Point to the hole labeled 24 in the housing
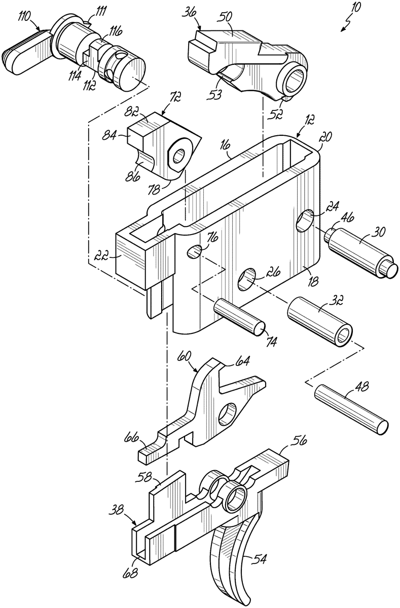coord(305,221)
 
